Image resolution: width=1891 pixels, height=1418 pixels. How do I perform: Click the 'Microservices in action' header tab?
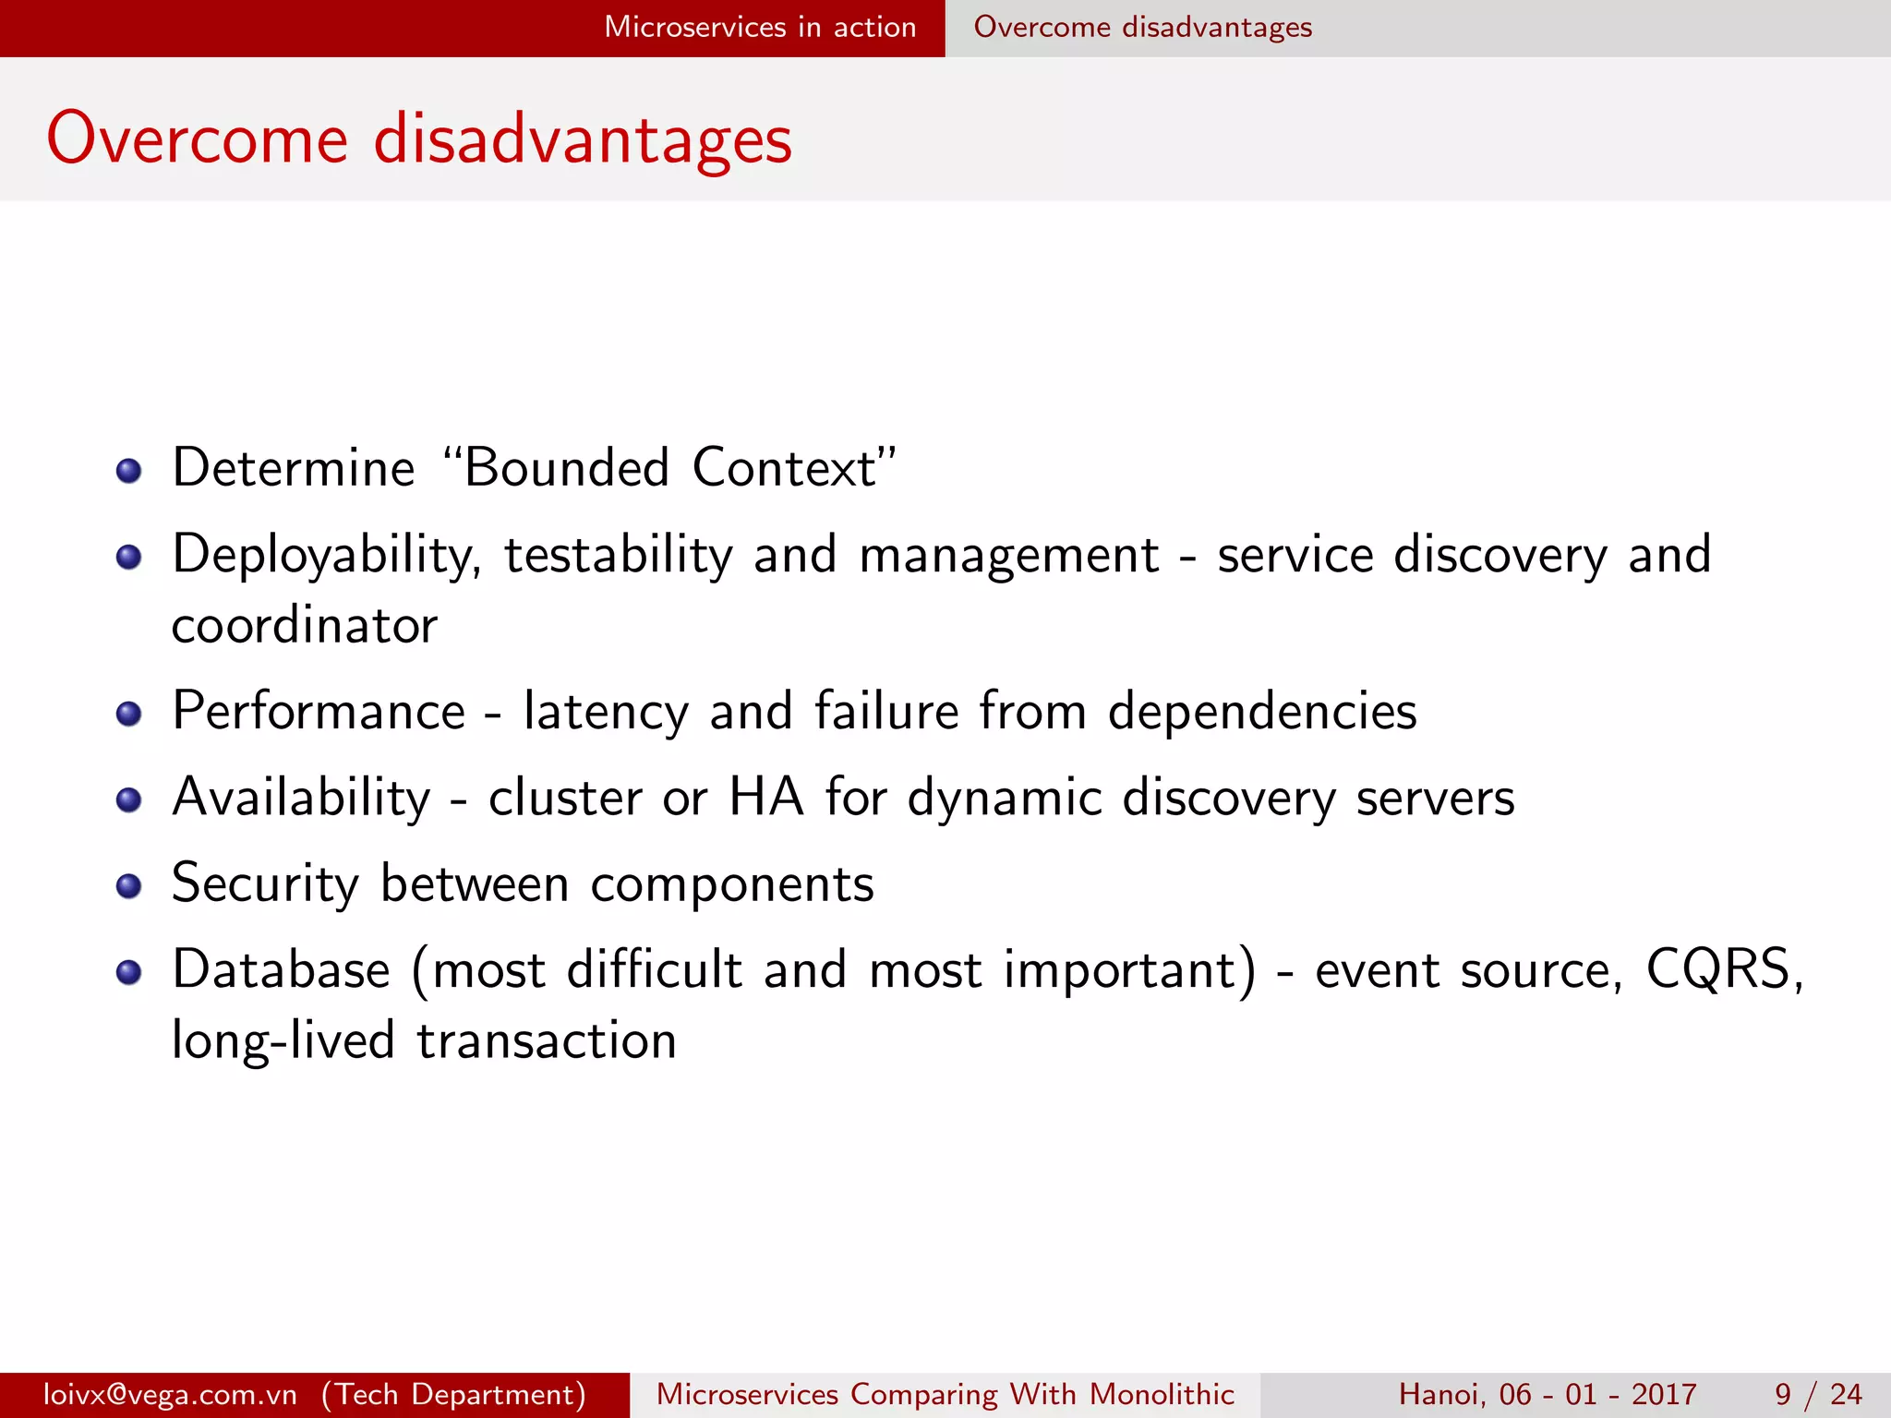click(x=759, y=27)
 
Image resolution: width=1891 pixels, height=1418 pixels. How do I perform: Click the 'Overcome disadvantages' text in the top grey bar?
click(x=1142, y=27)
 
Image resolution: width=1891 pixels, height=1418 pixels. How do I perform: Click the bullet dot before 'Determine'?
click(x=128, y=472)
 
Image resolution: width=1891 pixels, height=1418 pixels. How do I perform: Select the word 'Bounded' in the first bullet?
click(x=565, y=467)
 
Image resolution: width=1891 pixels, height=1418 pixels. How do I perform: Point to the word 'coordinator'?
click(x=304, y=626)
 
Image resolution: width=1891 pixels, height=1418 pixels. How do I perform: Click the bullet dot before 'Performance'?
click(x=128, y=714)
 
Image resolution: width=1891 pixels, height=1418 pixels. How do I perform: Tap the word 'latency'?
click(x=606, y=712)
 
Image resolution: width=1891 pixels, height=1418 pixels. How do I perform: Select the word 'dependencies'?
click(x=1261, y=712)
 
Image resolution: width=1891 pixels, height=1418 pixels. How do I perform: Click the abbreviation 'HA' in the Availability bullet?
click(x=765, y=797)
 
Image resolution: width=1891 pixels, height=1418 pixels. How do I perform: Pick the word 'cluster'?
click(x=565, y=797)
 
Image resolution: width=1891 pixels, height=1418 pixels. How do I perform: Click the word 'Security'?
click(x=265, y=884)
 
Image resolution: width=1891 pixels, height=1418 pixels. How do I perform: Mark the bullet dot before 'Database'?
click(x=128, y=972)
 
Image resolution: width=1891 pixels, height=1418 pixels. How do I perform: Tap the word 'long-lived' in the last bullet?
click(x=283, y=1041)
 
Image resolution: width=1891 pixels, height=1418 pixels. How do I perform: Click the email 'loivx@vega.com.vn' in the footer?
click(x=170, y=1394)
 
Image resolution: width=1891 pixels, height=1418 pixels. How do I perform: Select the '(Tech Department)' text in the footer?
click(x=453, y=1394)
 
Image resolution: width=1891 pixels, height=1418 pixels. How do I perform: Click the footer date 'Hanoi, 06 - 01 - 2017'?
click(x=1547, y=1394)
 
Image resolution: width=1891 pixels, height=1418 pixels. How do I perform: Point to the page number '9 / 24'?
click(x=1817, y=1394)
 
